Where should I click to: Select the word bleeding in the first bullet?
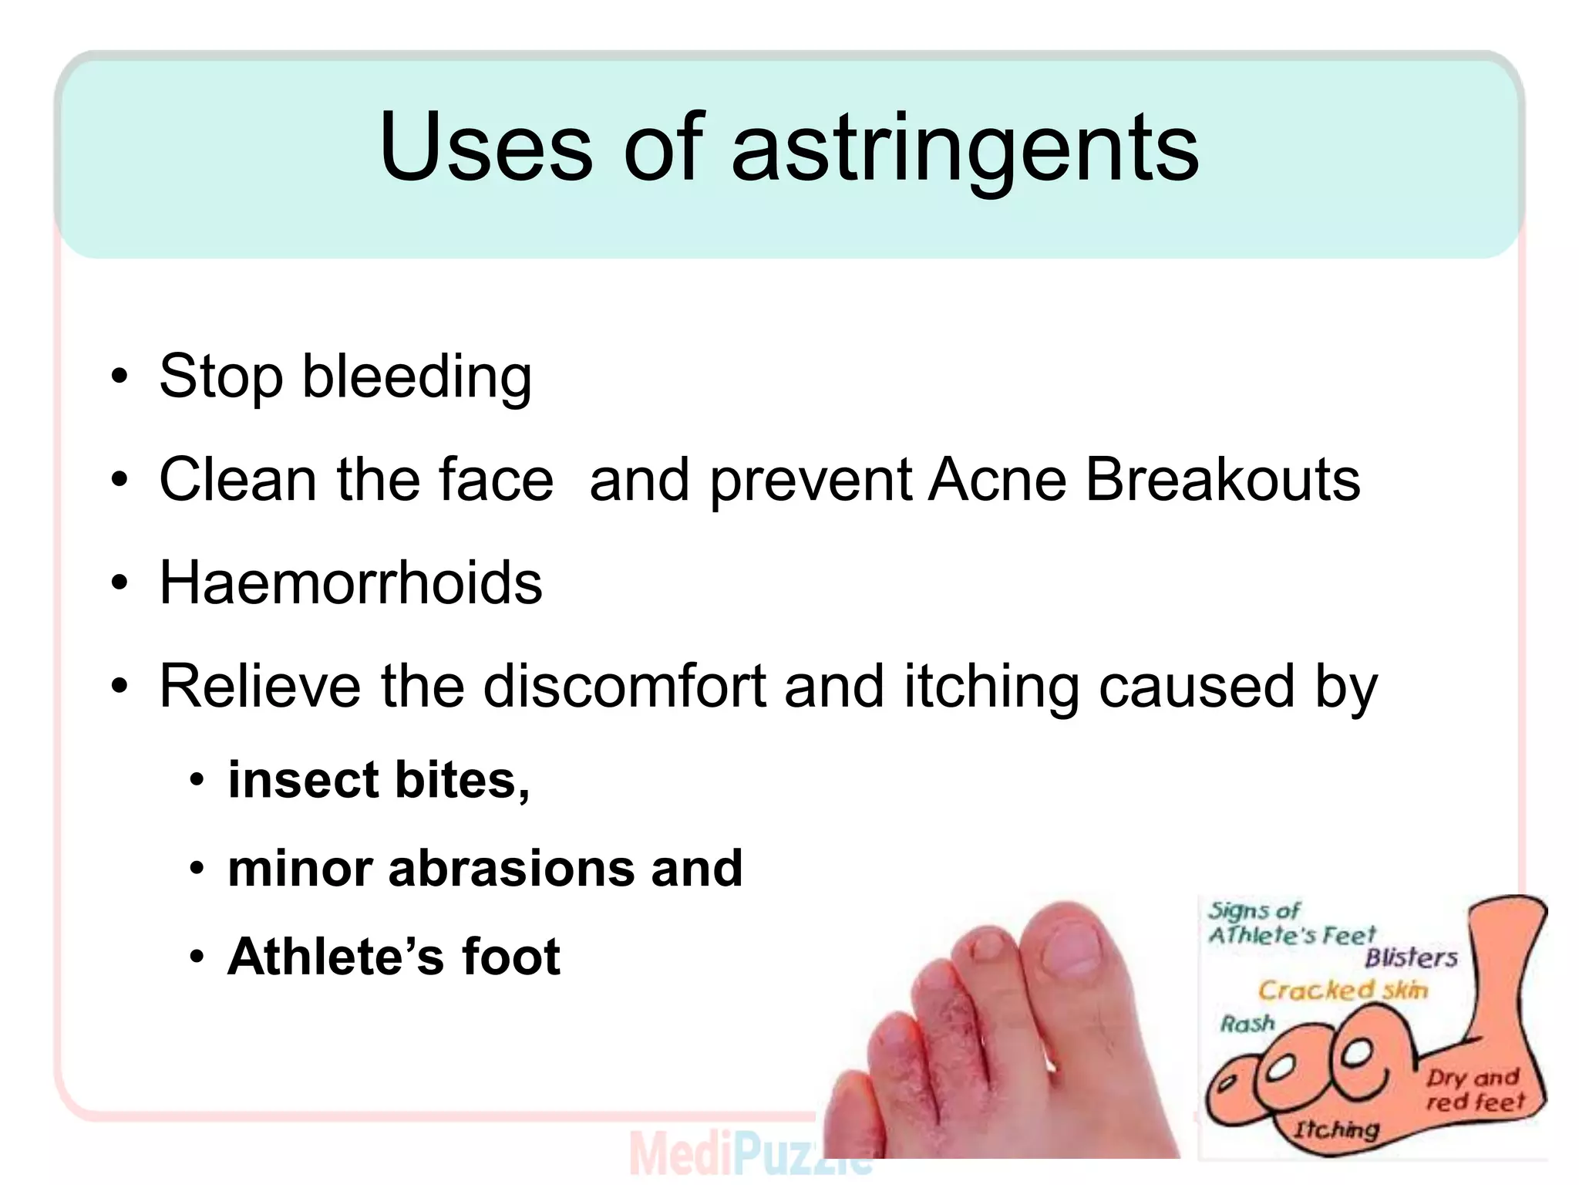click(416, 378)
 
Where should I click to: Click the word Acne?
click(997, 480)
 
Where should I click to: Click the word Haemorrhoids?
click(351, 582)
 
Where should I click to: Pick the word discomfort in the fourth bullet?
click(625, 686)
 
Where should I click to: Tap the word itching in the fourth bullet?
click(992, 686)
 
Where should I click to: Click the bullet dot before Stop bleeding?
click(119, 377)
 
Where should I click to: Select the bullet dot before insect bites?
click(197, 781)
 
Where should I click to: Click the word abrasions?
click(511, 869)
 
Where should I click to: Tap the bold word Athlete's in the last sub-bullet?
click(336, 957)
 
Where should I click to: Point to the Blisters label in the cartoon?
click(1411, 958)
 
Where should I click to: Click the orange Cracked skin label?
click(1342, 990)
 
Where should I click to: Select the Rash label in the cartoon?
click(1247, 1024)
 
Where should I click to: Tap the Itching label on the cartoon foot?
click(1335, 1129)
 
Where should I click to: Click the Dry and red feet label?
click(1473, 1089)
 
